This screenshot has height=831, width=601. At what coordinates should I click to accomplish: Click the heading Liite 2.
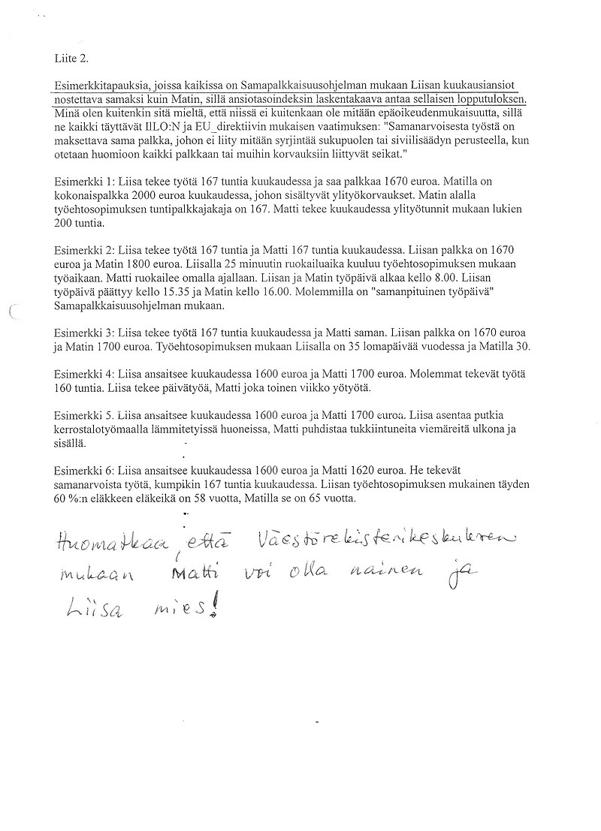pyautogui.click(x=71, y=58)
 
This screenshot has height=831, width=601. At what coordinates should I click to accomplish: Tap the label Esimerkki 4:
pyautogui.click(x=84, y=373)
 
